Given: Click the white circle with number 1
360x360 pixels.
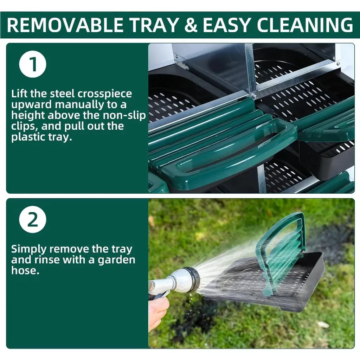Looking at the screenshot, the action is [33, 64].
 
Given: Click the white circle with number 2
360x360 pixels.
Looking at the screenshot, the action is [33, 219].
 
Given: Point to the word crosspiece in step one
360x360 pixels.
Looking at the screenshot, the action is [104, 94].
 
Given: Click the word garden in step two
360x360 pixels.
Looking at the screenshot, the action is [116, 260].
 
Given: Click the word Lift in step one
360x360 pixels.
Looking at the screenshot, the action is [19, 94].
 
